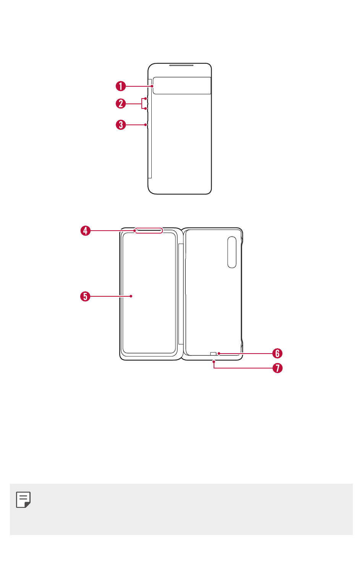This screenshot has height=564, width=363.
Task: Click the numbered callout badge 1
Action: [x=121, y=86]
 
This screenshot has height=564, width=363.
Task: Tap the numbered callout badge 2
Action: [x=121, y=103]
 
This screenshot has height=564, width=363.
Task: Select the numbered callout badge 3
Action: [x=121, y=124]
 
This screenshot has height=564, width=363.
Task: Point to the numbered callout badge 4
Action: [x=85, y=231]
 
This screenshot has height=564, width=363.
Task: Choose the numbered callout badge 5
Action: [x=85, y=296]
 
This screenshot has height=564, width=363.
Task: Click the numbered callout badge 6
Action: [x=277, y=354]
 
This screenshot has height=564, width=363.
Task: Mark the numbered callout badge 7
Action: [x=277, y=368]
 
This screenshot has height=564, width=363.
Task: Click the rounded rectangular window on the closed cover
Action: [x=182, y=86]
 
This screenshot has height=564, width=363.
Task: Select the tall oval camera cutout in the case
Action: [x=232, y=252]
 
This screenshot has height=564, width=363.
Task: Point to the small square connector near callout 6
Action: [x=213, y=354]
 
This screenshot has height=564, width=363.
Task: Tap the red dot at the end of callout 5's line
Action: [x=131, y=296]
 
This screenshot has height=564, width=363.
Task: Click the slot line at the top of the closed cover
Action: [x=181, y=65]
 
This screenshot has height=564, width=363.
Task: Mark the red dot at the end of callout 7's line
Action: [x=214, y=362]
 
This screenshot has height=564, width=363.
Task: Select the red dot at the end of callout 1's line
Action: [x=152, y=86]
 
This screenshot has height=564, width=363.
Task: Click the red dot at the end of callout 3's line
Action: [x=145, y=124]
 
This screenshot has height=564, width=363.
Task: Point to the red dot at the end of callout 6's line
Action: [x=219, y=354]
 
